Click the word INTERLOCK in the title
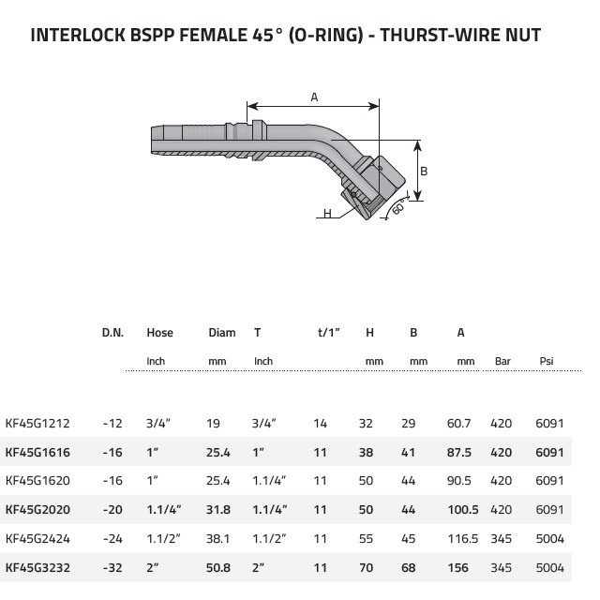(78, 35)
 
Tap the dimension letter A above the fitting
(314, 97)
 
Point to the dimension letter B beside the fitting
(424, 171)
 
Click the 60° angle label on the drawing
(399, 207)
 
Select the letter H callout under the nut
(327, 213)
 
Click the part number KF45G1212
(37, 424)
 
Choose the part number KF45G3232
(37, 567)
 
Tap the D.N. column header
(112, 333)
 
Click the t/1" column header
(329, 332)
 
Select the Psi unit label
(547, 361)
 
